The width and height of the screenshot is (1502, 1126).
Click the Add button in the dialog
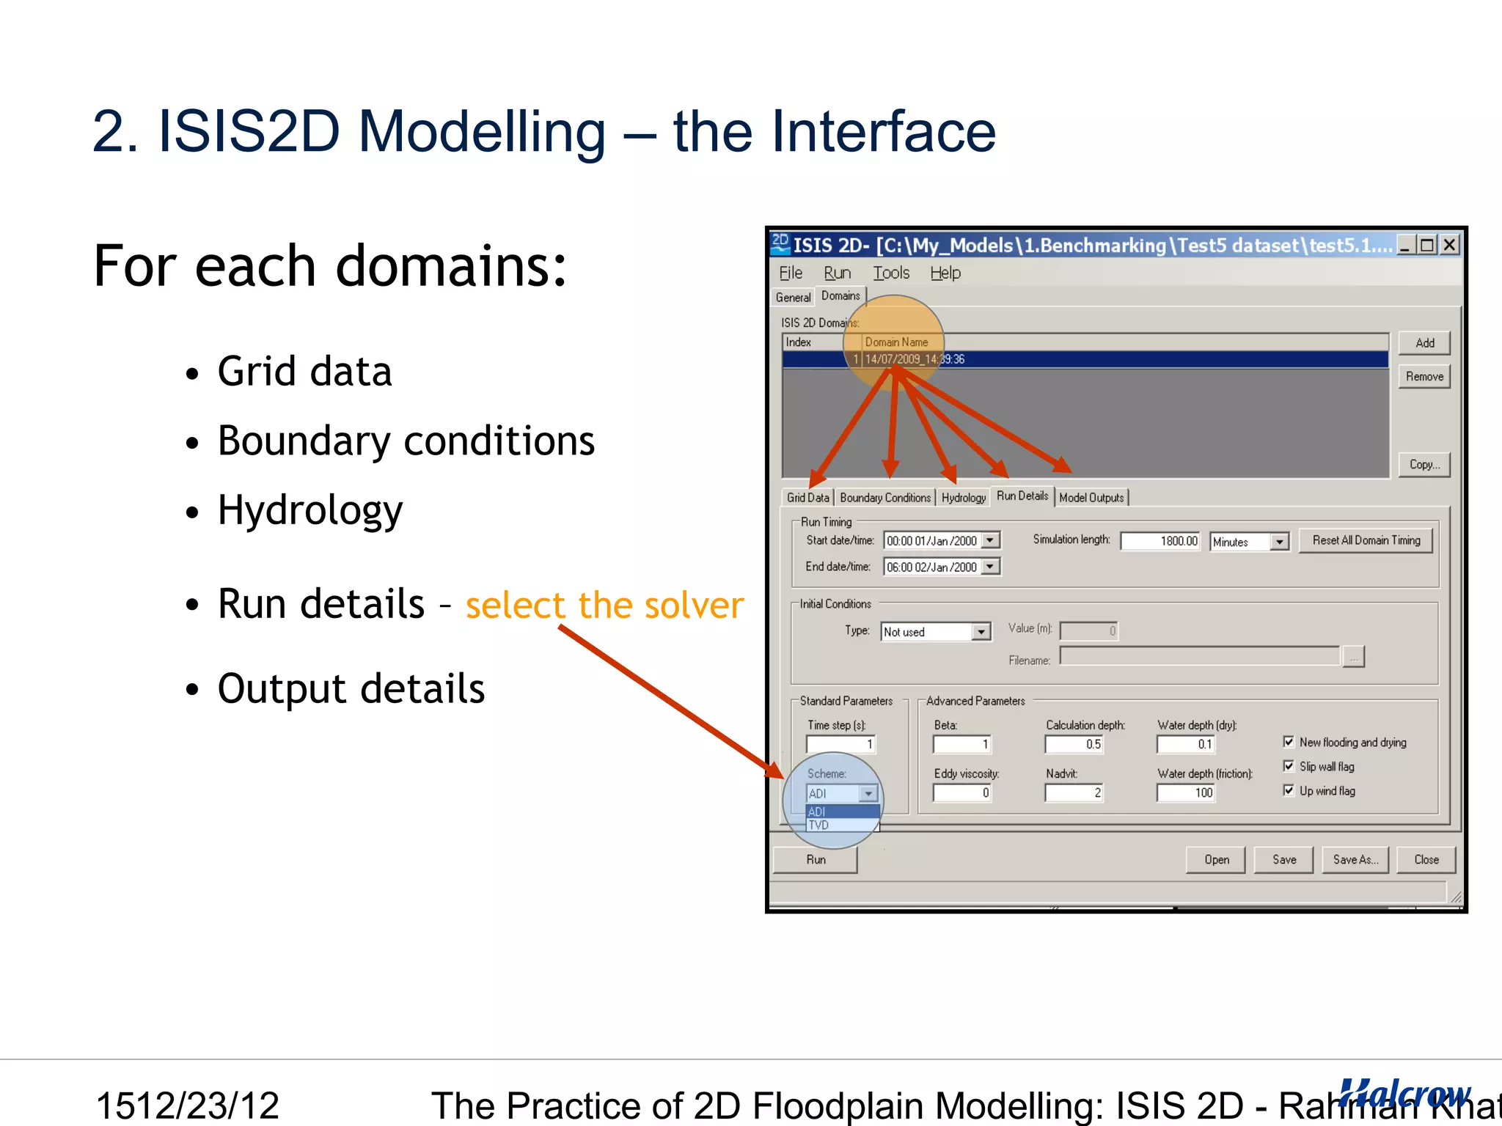coord(1424,343)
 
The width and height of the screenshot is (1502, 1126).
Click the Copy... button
coord(1424,465)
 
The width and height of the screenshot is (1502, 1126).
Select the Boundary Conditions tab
coord(884,498)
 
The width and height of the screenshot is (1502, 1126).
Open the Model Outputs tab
coord(1091,498)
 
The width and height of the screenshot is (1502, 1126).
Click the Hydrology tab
coord(963,498)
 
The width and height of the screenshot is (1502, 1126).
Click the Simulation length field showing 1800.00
coord(1160,541)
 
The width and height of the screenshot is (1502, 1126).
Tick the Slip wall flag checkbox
coord(1289,766)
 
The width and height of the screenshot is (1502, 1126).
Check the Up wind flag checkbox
coord(1289,790)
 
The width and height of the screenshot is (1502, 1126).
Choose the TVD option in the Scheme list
coord(819,825)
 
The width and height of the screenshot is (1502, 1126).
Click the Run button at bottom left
coord(816,860)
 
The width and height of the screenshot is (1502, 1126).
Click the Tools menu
coord(890,273)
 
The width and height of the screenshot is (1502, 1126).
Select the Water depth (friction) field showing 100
coord(1185,792)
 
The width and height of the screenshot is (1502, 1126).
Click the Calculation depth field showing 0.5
coord(1073,744)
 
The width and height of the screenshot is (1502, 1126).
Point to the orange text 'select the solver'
coord(604,606)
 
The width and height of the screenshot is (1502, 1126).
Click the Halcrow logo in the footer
coord(1404,1094)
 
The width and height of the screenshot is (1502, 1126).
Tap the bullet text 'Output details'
coord(351,689)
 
